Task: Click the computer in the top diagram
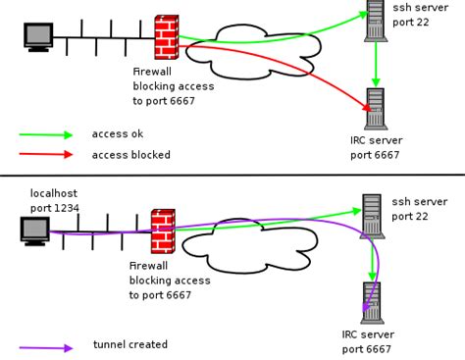click(38, 36)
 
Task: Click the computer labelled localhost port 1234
click(36, 231)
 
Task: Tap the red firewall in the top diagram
click(167, 37)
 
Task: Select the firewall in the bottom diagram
click(163, 231)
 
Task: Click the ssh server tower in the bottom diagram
click(372, 216)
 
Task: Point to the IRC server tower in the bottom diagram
click(372, 302)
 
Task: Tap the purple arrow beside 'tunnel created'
click(46, 347)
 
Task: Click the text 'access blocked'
click(130, 155)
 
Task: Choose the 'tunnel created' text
click(130, 345)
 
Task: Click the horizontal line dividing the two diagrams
click(232, 176)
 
